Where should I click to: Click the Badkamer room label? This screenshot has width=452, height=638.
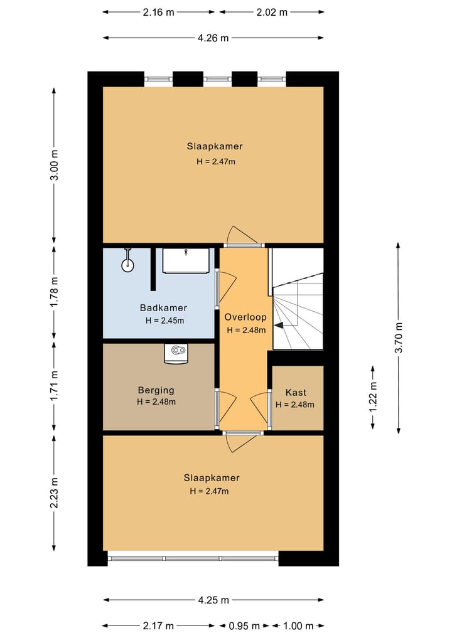[x=163, y=307]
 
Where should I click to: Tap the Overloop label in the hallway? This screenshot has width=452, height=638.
[x=245, y=317]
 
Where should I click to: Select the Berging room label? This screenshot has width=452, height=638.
[x=156, y=390]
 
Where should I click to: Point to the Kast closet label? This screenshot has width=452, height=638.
[x=296, y=392]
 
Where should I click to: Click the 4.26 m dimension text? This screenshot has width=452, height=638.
[x=213, y=38]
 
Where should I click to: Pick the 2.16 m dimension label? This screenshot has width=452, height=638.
[x=158, y=12]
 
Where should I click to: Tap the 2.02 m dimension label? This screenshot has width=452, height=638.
[x=272, y=12]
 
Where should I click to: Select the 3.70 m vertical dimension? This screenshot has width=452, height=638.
[x=399, y=338]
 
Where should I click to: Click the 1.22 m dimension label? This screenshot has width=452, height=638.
[x=373, y=396]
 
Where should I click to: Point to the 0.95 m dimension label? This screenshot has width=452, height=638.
[x=244, y=626]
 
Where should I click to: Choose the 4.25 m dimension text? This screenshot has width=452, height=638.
[x=213, y=600]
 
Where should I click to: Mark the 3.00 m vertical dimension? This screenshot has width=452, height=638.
[x=55, y=164]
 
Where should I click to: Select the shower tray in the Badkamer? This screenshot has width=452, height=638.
[x=186, y=261]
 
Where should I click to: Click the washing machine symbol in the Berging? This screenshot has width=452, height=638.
[x=177, y=353]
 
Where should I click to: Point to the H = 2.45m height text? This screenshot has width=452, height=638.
[x=164, y=321]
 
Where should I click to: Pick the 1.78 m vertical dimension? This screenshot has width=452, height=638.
[x=55, y=292]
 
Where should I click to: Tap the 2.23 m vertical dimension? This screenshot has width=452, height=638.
[x=55, y=492]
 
